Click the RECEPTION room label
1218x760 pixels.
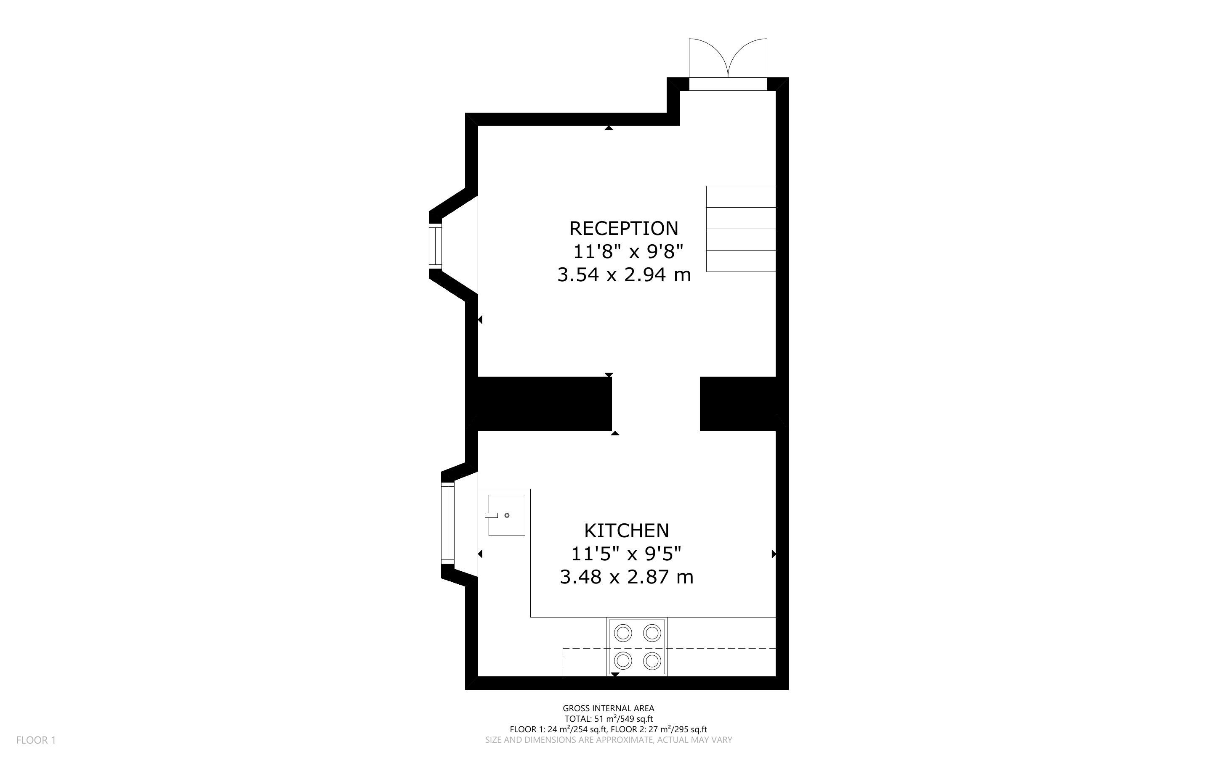(623, 228)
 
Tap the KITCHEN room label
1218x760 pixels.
(626, 531)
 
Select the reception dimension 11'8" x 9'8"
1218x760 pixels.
(628, 251)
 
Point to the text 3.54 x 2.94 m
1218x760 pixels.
(624, 274)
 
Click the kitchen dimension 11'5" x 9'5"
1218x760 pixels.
(626, 554)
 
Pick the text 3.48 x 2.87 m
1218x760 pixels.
(626, 577)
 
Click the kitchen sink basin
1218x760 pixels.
(507, 515)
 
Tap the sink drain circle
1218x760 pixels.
(507, 515)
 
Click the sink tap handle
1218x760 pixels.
(492, 515)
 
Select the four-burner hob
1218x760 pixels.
(637, 647)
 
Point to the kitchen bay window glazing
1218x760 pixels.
(448, 523)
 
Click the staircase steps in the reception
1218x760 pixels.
(741, 229)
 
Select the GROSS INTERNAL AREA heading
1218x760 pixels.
(608, 709)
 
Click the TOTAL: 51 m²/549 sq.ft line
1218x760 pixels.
(608, 719)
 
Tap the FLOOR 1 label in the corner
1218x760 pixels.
(36, 740)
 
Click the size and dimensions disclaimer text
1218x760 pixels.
(608, 740)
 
